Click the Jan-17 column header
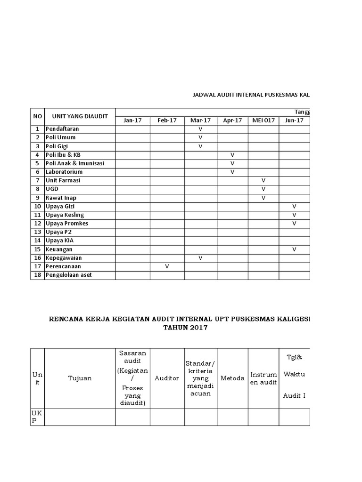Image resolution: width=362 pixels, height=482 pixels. pos(132,120)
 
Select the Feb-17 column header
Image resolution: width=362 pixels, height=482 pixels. pos(167,120)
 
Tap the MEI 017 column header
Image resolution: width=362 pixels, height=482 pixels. pos(263,120)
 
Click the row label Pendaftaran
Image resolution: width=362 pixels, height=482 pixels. pos(62,129)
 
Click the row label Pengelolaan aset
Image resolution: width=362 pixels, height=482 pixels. pos(69,275)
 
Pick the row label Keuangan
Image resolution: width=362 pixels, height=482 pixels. pos(59,249)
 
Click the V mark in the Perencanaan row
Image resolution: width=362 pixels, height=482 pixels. pos(167,266)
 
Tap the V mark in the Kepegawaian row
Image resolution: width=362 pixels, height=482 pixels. pos(200,258)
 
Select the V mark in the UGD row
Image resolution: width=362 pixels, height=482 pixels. pos(263,189)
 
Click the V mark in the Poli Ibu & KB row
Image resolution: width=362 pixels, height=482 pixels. pos(232,154)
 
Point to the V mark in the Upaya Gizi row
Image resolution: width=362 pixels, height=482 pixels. pos(294,206)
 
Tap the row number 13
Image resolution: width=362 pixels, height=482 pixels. pos(37,232)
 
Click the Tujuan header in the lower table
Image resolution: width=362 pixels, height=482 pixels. pos(80,378)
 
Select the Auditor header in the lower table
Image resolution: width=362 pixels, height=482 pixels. pos(167,378)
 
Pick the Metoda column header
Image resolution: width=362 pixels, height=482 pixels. pos(232,378)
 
